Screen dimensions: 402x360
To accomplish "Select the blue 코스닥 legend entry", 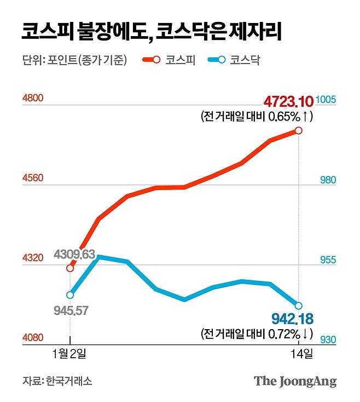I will [x=235, y=60].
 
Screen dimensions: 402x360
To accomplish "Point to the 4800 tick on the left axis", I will [x=32, y=99].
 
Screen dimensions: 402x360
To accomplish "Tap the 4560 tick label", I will [x=32, y=179].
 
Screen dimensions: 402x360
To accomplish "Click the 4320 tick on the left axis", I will [x=32, y=258].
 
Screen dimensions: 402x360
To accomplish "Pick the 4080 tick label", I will [x=32, y=338].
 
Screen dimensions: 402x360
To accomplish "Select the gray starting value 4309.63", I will [x=74, y=255].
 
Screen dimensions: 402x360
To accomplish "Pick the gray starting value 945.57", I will [x=72, y=311].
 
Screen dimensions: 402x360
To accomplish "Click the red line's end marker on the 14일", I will [x=299, y=130].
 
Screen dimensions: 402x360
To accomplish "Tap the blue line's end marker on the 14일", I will [x=299, y=306].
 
